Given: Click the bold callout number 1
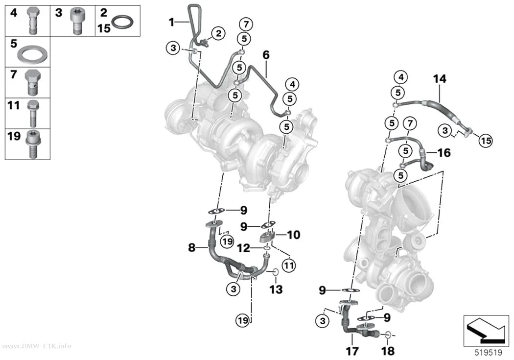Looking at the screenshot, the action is point(171,23).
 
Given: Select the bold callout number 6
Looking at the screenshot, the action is point(266,55).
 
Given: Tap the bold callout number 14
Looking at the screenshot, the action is point(440,79).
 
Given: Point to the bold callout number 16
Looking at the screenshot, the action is point(444,152).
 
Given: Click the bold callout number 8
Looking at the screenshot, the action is point(192,247).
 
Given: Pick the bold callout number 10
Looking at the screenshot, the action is point(293,235).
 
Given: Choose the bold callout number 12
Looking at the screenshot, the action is point(244,248).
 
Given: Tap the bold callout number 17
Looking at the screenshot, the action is point(352,351).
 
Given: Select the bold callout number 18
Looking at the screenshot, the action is point(388,351).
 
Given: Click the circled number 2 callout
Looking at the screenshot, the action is point(218,33).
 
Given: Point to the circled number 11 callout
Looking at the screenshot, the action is point(289,265).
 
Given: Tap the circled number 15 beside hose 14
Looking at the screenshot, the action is point(486,141).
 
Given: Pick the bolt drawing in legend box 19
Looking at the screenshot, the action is point(33,144).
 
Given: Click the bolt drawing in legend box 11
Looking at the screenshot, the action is point(33,114).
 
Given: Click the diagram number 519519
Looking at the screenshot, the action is point(489,353).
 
